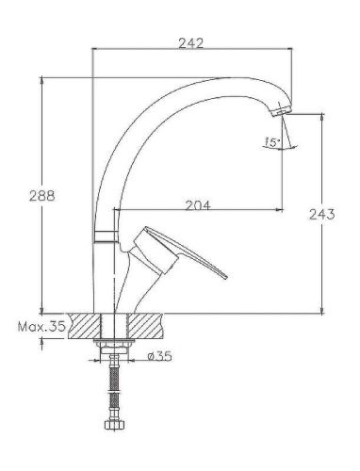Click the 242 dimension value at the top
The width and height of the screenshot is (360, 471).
point(193,41)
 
